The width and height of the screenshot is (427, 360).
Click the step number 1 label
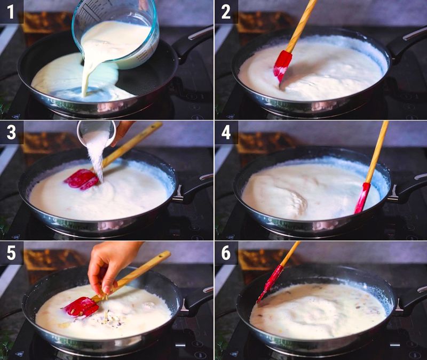tap(11, 11)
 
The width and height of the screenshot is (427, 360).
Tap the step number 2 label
tap(226, 11)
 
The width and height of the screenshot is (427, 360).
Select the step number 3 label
tap(11, 132)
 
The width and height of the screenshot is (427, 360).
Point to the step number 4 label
tap(226, 132)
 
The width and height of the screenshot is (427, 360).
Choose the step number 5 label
tap(11, 252)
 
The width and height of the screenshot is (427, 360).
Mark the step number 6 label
tap(226, 252)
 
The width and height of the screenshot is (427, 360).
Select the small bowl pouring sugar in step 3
tap(96, 131)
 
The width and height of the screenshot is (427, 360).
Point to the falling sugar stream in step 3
tap(96, 155)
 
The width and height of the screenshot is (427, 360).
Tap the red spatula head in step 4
tap(362, 198)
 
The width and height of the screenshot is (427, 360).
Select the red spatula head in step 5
tap(81, 307)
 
